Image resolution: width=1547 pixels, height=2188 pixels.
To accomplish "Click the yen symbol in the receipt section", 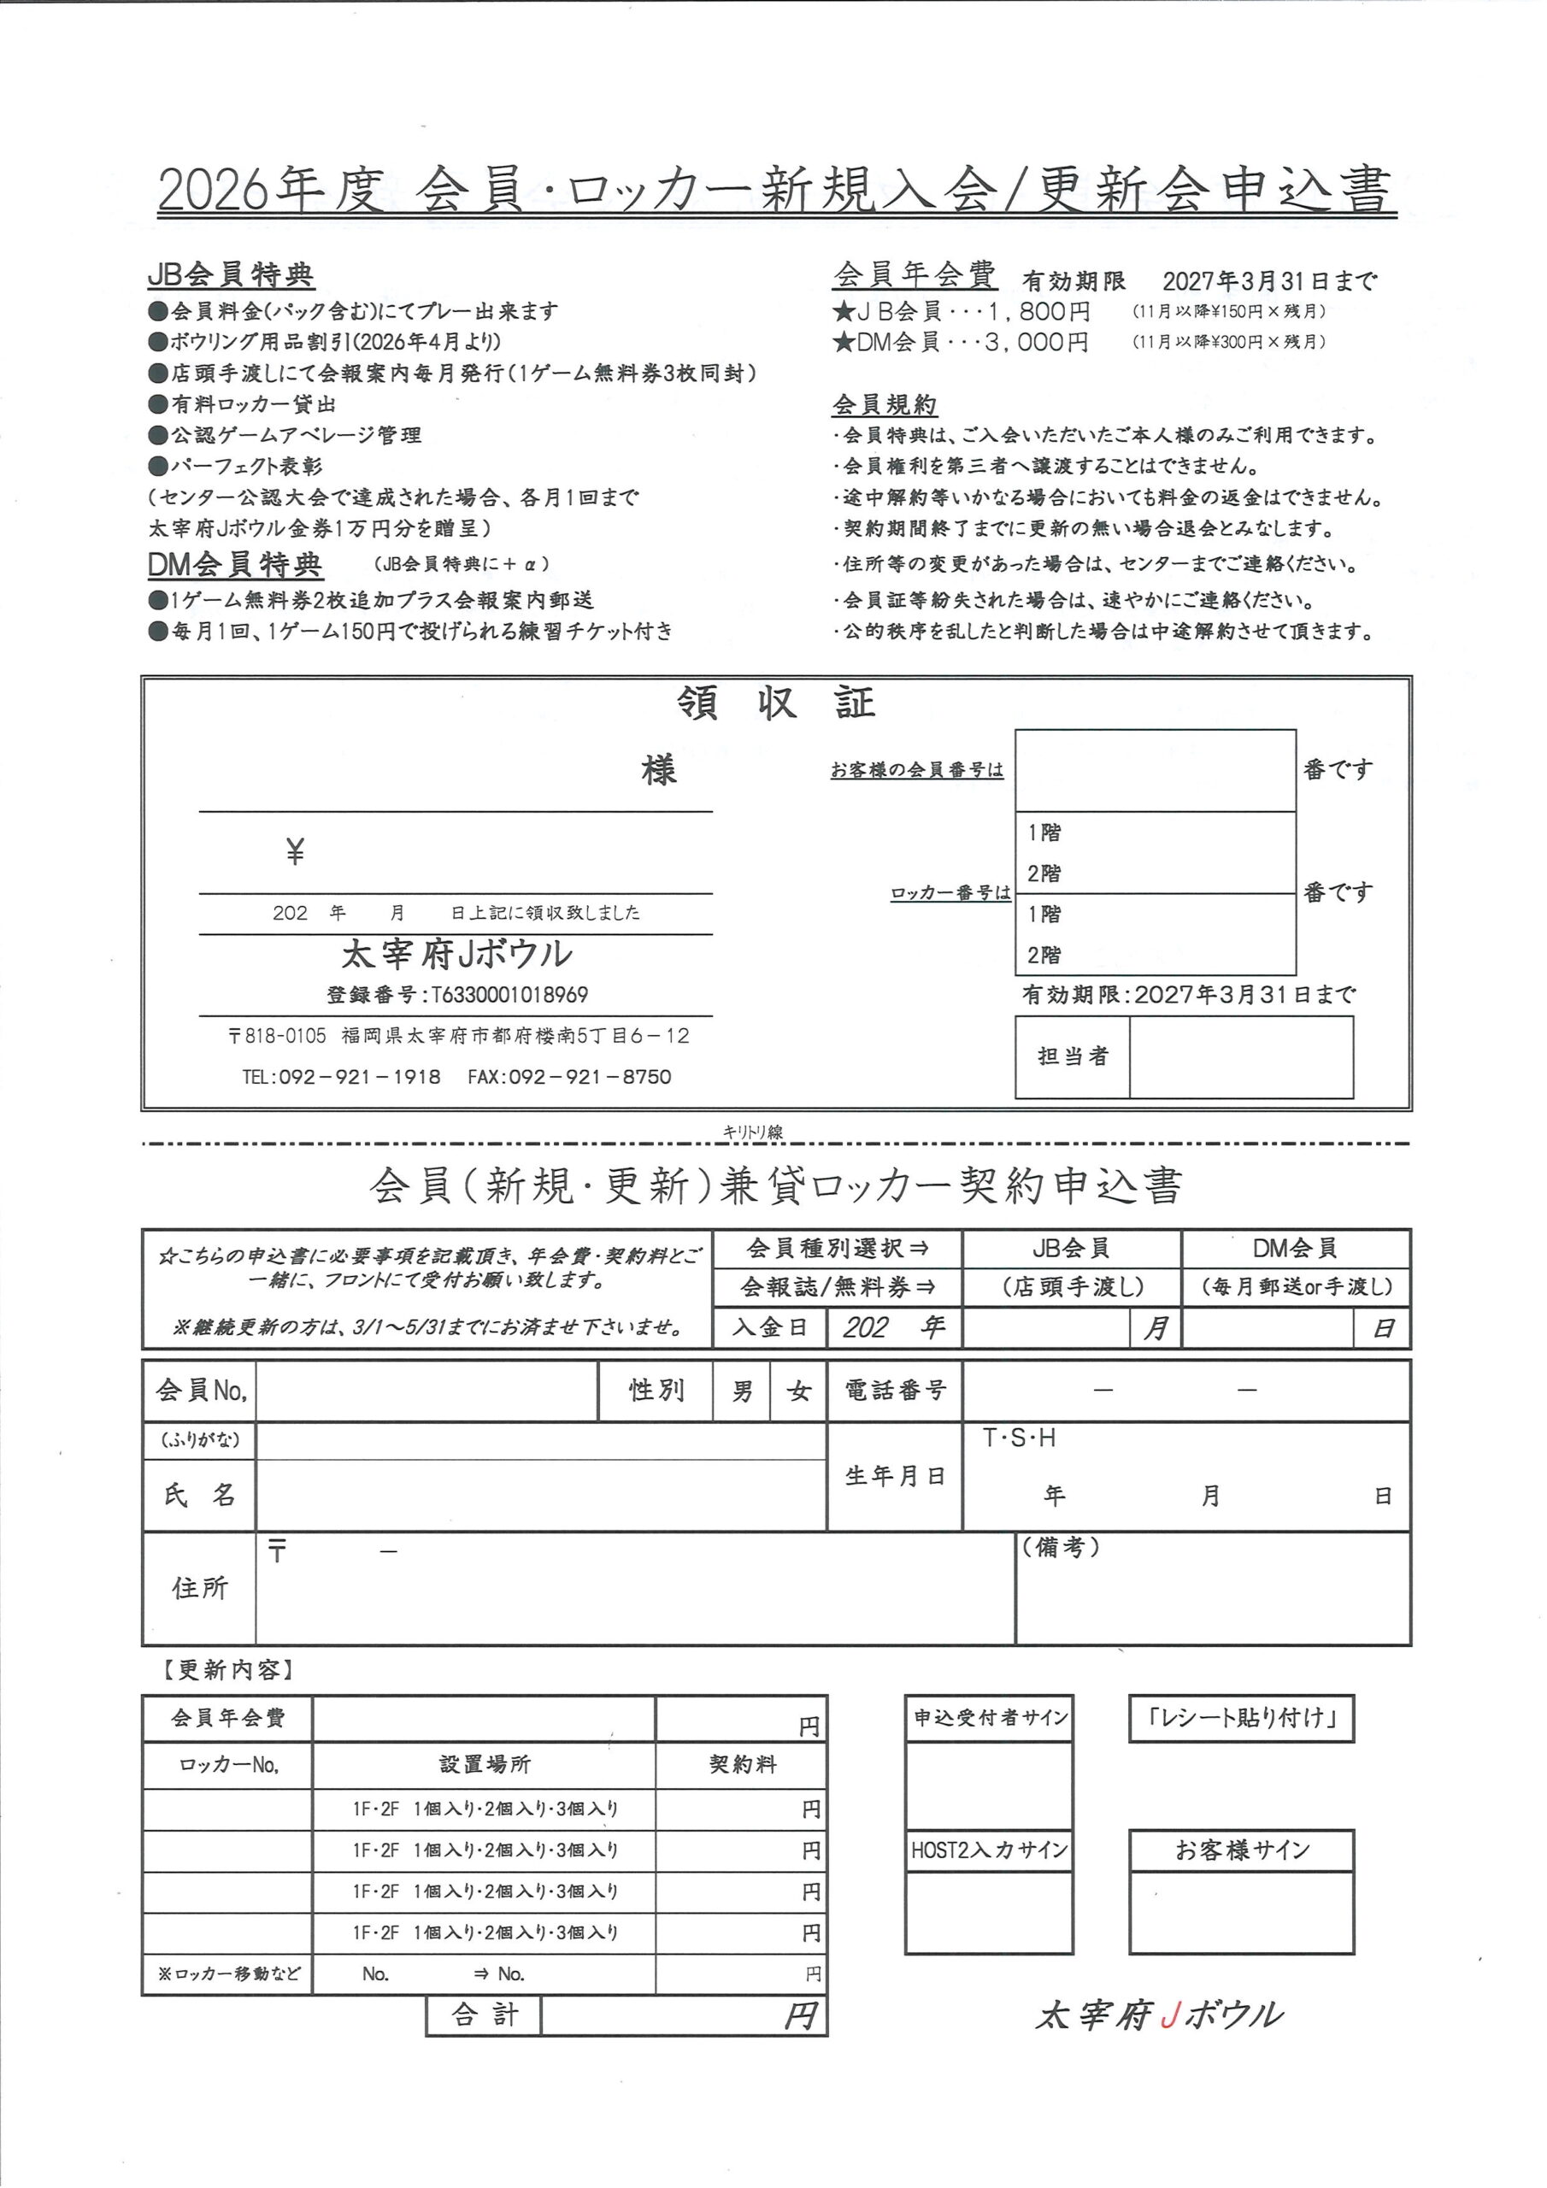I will [296, 851].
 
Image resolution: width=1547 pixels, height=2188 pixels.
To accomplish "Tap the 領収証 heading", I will [776, 704].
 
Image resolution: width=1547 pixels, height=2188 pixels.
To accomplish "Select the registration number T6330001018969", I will [510, 995].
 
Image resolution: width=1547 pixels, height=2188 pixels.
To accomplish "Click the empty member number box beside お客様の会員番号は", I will [1155, 770].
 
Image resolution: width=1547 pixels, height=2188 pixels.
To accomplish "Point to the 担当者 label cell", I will [1073, 1056].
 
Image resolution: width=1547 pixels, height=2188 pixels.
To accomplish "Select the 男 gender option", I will [742, 1392].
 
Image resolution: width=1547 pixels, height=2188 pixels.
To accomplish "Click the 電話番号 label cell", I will [894, 1391].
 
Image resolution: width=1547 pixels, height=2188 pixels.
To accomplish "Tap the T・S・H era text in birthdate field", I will [1019, 1438].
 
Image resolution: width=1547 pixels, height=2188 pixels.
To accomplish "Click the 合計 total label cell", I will [485, 2014].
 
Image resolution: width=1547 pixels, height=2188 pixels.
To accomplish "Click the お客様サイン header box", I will [1241, 1850].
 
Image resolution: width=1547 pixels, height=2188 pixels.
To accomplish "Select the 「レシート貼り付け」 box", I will [1241, 1717].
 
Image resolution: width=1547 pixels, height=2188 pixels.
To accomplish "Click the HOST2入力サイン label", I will [988, 1850].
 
